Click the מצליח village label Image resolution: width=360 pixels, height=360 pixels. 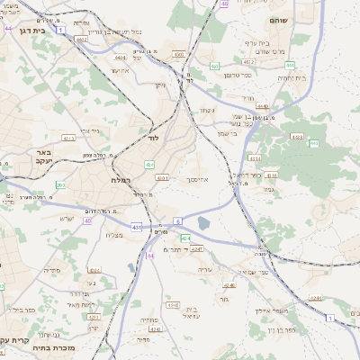coord(113,236)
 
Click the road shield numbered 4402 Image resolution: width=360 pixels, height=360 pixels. coord(82,40)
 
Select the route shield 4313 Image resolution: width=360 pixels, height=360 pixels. coord(68,138)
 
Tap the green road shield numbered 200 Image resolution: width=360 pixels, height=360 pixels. coord(59,184)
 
